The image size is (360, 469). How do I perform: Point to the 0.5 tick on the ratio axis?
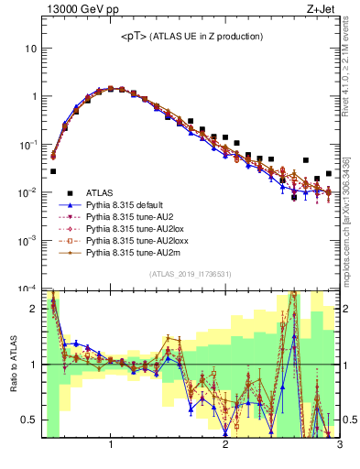pos(31,420)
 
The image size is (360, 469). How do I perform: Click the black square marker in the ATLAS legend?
pos(65,193)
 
